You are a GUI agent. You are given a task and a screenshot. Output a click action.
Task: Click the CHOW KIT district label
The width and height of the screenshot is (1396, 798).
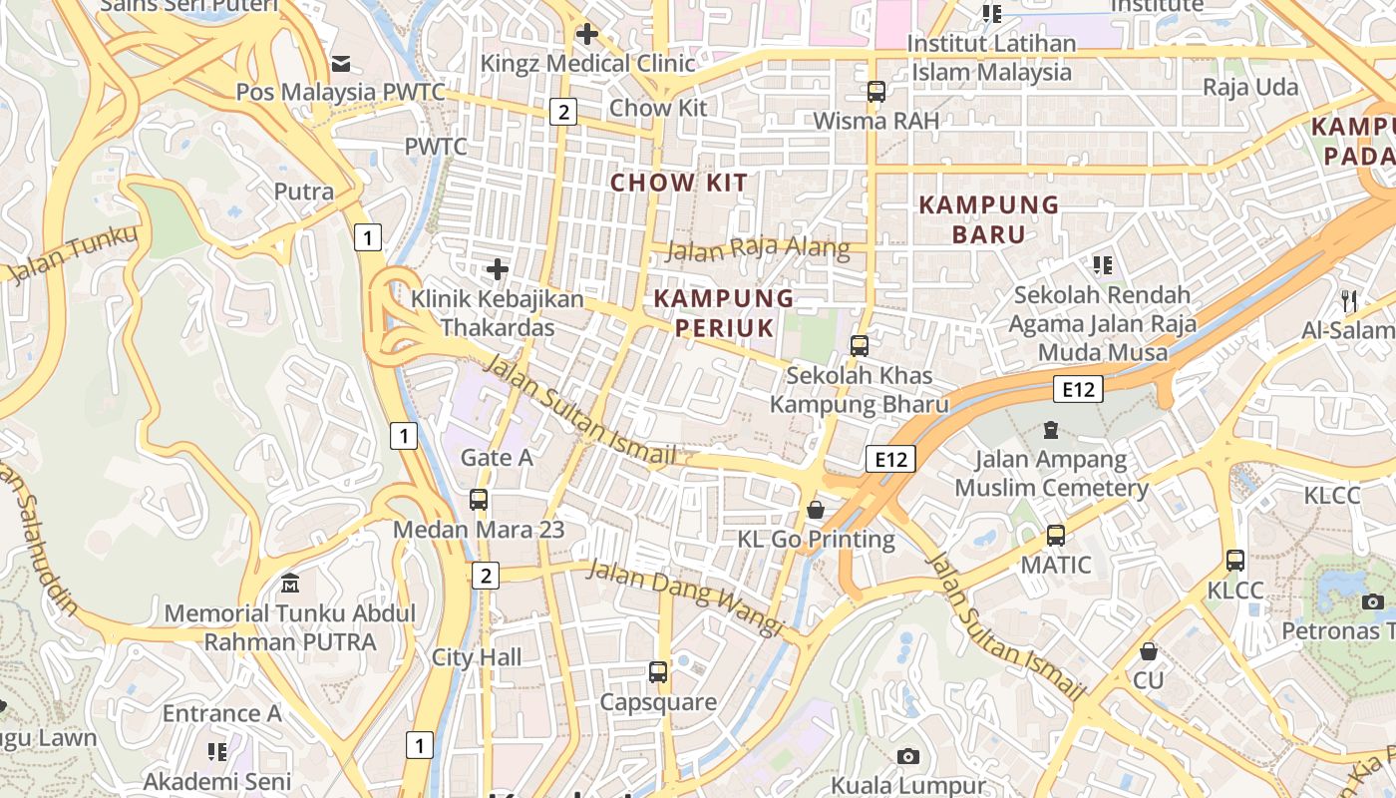pos(678,183)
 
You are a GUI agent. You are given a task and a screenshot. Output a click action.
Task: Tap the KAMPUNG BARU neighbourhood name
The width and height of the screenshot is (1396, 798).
pos(988,219)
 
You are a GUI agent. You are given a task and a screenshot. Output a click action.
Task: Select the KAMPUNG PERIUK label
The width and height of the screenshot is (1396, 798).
pos(724,313)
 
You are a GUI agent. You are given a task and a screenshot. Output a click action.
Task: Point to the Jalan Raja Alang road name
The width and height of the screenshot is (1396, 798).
pos(758,248)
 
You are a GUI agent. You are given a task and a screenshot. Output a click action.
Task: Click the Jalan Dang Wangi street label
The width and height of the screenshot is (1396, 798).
pos(683,597)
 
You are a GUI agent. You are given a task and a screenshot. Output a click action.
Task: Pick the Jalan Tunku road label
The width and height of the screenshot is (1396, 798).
pos(70,255)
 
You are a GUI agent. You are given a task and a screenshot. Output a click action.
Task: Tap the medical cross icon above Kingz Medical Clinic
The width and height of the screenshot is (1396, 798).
pos(586,35)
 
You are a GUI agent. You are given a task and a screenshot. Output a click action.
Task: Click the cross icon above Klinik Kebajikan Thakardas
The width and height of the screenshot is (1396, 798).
pos(497,269)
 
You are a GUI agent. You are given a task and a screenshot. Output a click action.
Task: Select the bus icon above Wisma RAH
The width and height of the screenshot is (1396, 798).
pos(875,92)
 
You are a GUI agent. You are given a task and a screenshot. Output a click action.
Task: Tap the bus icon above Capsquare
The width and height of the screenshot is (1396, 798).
pos(658,672)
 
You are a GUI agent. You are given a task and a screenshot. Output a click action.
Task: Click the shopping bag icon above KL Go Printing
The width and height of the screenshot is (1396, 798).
pos(816,511)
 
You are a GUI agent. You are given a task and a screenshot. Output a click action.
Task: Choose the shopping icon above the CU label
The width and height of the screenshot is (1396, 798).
pos(1149,651)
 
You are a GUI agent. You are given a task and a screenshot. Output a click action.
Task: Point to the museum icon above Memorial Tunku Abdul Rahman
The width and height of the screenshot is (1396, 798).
pos(290,583)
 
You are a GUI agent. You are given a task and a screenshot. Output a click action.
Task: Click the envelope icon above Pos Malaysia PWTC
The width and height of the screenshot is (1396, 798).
pos(341,64)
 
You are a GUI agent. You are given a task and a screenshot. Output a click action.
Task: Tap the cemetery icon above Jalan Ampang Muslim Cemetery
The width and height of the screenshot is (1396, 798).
pos(1050,430)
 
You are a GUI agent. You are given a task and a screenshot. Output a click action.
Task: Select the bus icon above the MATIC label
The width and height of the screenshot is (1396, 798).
pos(1056,536)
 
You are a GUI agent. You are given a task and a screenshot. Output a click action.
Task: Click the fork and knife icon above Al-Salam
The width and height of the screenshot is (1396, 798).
pos(1348,300)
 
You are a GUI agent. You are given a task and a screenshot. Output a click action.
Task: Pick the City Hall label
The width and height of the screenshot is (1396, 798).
pos(477,657)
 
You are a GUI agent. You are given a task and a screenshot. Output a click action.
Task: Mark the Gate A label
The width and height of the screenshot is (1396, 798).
pos(497,458)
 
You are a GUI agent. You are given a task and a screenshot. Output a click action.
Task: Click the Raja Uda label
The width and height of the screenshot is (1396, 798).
pos(1250,87)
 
